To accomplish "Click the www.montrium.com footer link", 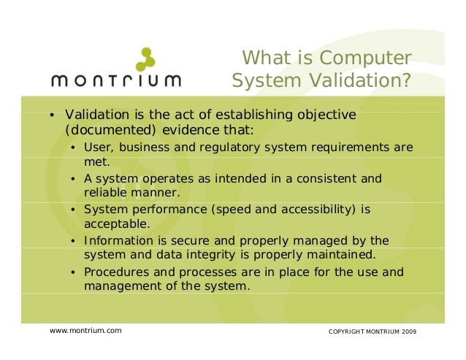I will click(x=85, y=331).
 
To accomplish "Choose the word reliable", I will click(x=107, y=193).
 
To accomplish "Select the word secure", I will click(x=179, y=240).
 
